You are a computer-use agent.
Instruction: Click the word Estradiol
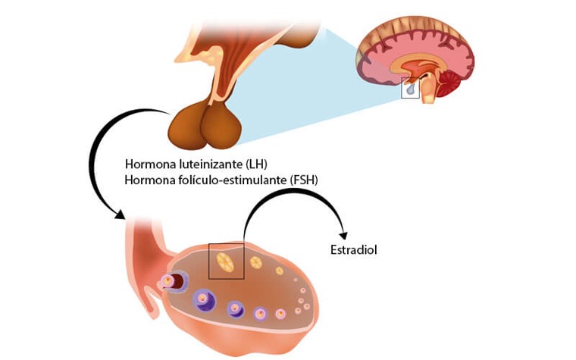(354, 250)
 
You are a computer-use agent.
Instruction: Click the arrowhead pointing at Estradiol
(343, 236)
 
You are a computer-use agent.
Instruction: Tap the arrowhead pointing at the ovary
(120, 214)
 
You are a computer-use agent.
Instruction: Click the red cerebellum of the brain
(448, 83)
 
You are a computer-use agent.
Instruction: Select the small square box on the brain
(410, 88)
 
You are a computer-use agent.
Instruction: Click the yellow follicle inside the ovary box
(225, 262)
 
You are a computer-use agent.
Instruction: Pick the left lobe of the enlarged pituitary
(187, 127)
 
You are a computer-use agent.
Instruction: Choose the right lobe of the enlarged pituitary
(221, 127)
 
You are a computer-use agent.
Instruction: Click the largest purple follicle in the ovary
(204, 300)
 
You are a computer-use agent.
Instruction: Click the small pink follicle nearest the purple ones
(280, 314)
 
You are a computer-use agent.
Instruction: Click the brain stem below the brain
(429, 92)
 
